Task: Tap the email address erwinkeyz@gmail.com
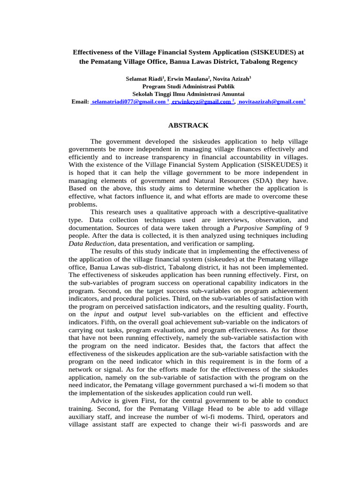point(202,101)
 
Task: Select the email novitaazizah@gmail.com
point(271,101)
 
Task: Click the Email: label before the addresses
point(80,101)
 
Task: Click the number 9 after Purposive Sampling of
point(70,235)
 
